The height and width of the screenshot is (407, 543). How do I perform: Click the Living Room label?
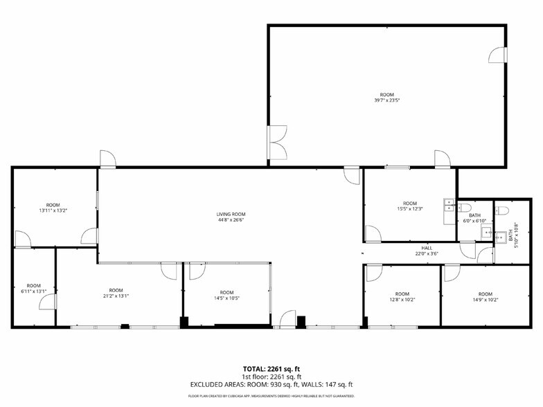[231, 214]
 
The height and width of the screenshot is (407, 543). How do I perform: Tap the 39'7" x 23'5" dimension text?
[386, 100]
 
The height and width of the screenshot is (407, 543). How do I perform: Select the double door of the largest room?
[277, 143]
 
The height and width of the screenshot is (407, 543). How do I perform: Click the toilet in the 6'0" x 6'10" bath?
[465, 207]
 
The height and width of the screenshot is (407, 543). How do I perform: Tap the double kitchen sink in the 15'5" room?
[449, 204]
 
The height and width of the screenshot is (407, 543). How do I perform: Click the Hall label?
[427, 248]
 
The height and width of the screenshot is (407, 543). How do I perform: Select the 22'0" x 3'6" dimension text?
[427, 254]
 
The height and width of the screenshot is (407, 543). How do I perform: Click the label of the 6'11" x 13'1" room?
[33, 285]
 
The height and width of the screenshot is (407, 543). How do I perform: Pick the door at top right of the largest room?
[498, 55]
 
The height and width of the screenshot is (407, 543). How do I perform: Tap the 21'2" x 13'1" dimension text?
[116, 296]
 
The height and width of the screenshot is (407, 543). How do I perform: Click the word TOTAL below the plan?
[253, 369]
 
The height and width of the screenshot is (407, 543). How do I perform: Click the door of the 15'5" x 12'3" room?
[373, 233]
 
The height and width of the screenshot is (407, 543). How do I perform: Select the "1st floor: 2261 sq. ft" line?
[271, 377]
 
